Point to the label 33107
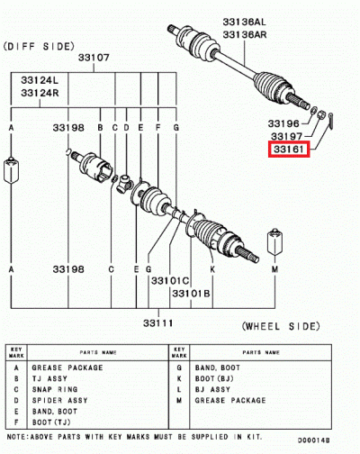pos(93,57)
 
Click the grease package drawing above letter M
pos(275,241)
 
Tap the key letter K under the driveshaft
pos(212,268)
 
